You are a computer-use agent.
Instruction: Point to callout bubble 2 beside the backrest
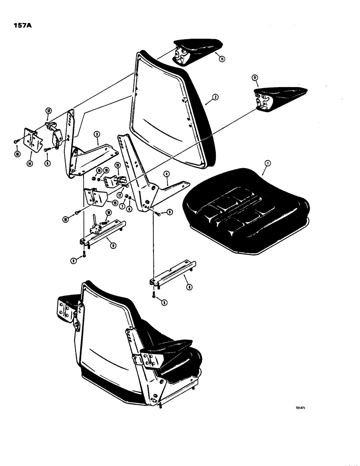click(215, 97)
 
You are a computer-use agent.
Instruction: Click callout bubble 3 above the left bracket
click(96, 135)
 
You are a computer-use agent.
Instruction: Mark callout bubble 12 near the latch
click(48, 110)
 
